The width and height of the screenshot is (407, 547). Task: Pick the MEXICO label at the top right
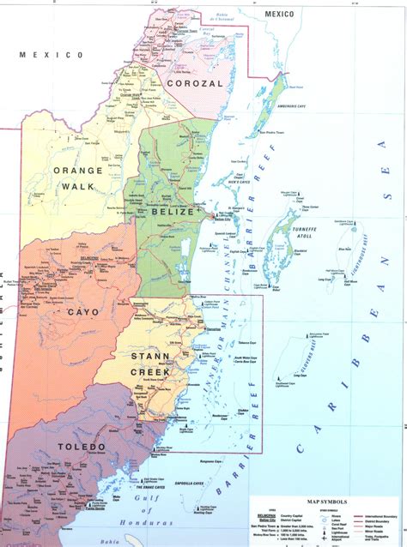click(279, 15)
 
